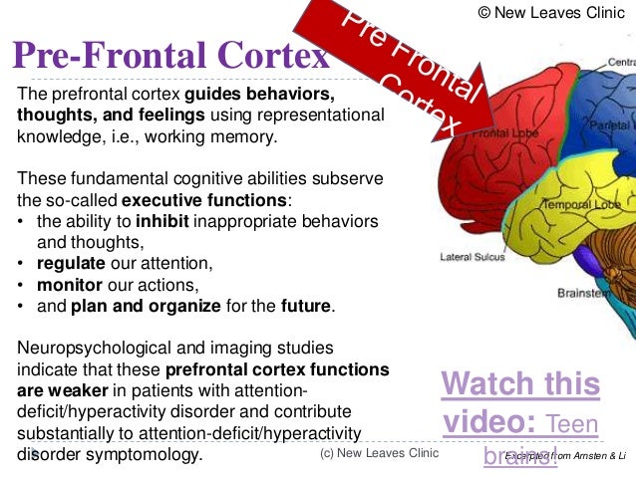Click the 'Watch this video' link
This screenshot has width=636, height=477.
click(x=520, y=403)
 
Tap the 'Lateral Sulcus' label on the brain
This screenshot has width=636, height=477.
click(x=473, y=257)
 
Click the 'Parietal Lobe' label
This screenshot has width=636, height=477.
click(x=610, y=126)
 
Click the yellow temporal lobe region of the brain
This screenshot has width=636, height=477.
click(x=518, y=214)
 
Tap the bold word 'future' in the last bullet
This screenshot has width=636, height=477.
click(x=306, y=307)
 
